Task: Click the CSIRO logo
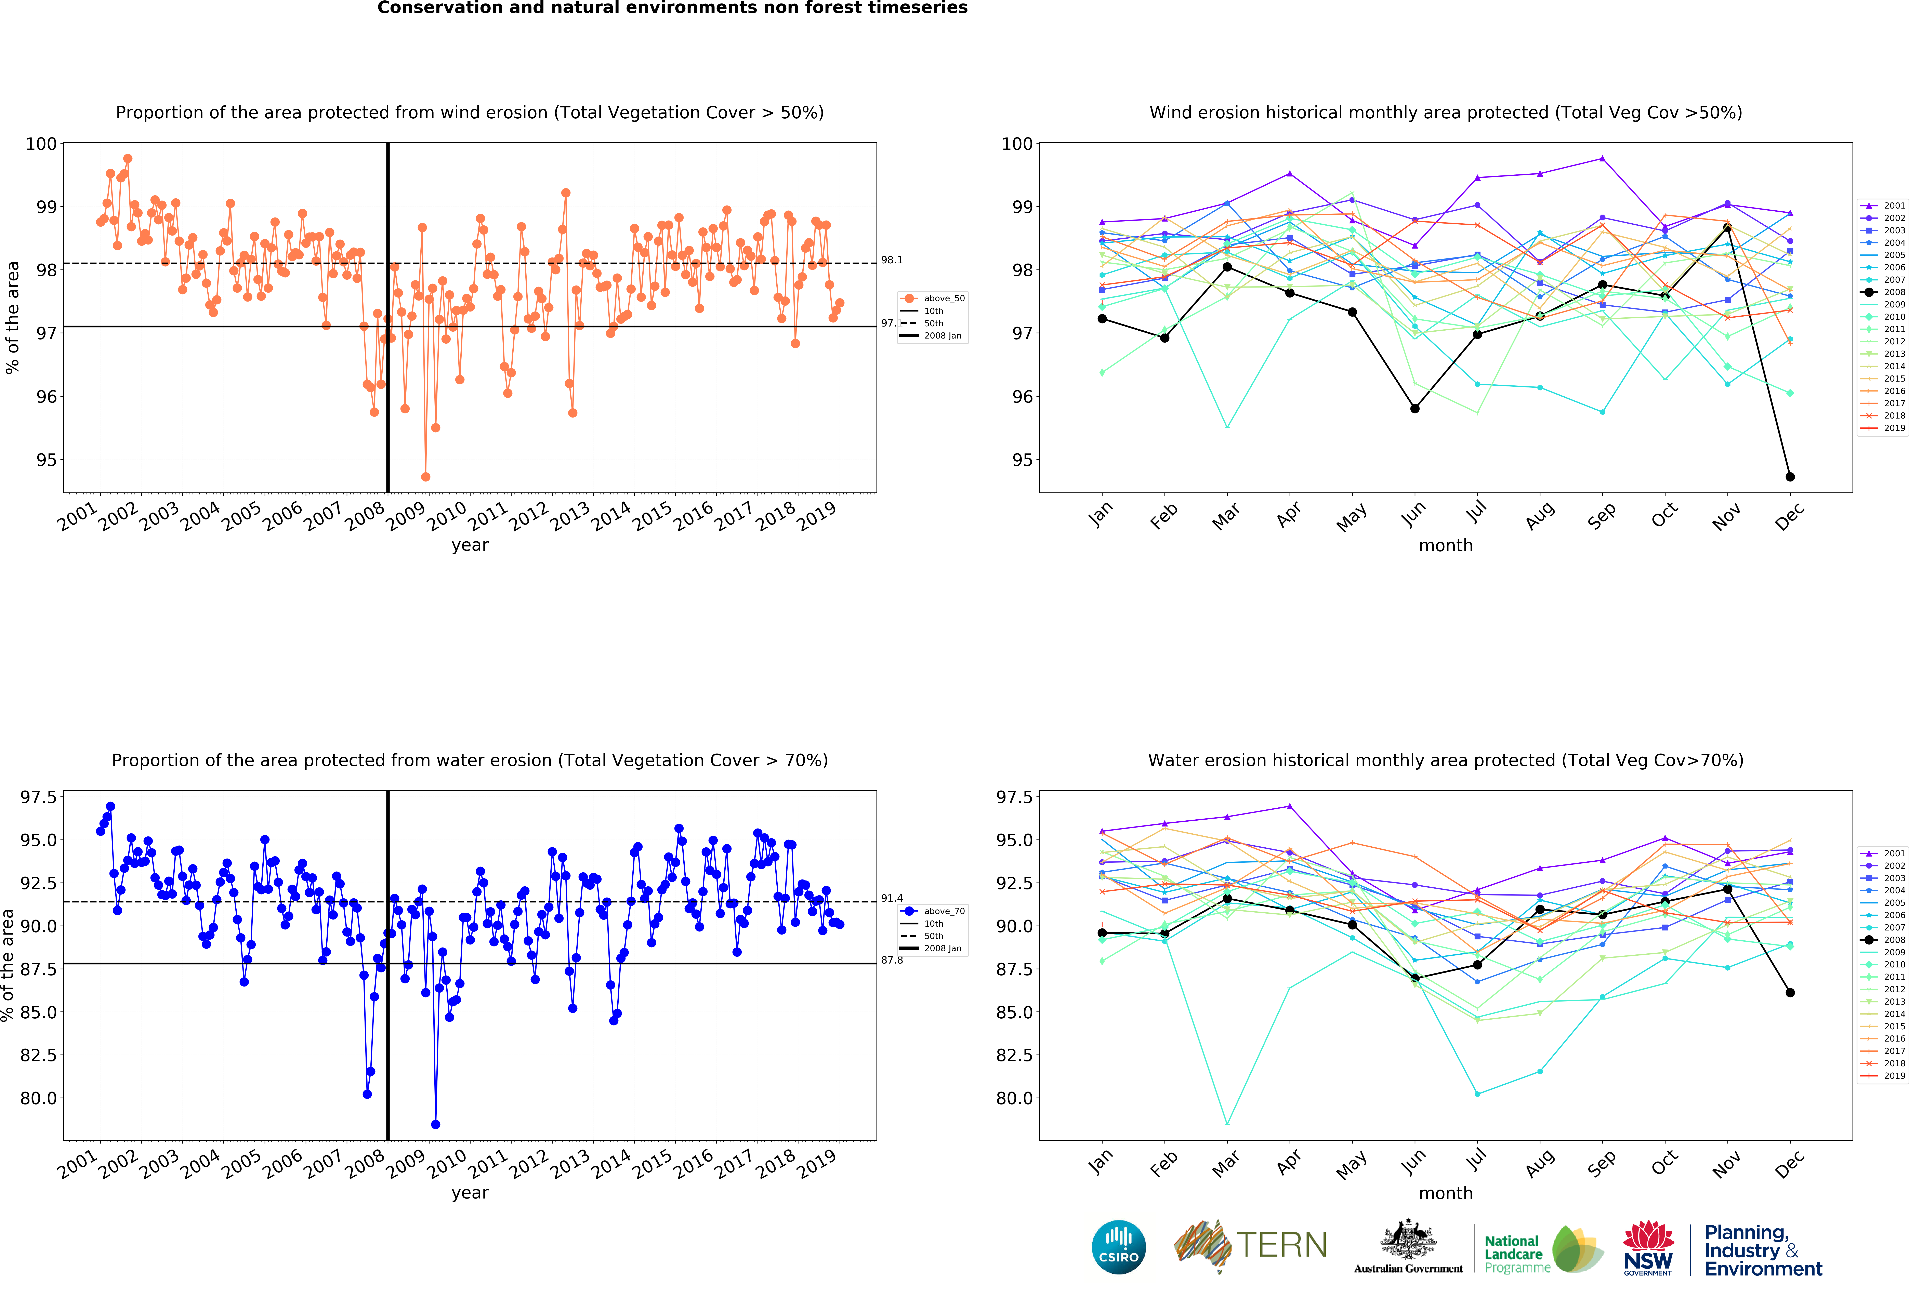1119,1247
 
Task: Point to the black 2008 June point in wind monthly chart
1414,408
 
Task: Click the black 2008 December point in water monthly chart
1790,992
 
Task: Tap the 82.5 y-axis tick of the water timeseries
38,1055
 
